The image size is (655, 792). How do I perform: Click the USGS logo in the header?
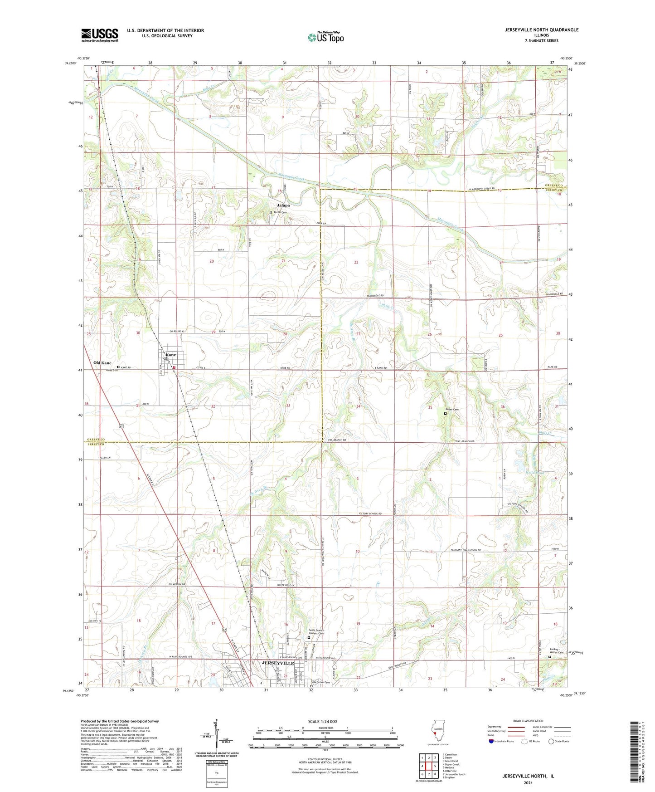click(x=100, y=34)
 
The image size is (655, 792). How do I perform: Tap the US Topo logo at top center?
click(x=325, y=37)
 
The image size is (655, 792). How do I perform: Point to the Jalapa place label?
click(x=284, y=205)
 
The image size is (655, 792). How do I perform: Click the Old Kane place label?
click(x=102, y=363)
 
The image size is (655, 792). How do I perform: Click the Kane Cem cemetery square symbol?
click(x=118, y=367)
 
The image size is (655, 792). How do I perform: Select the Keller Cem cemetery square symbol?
click(x=445, y=414)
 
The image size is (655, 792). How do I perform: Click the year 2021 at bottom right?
click(x=528, y=782)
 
